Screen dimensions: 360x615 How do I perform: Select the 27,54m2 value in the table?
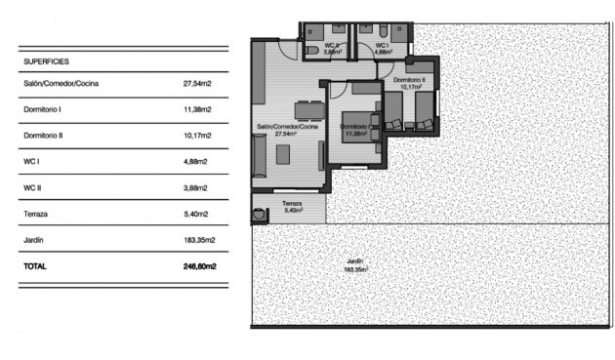point(197,84)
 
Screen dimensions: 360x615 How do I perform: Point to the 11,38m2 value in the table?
point(197,109)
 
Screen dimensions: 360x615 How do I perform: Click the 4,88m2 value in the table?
point(195,161)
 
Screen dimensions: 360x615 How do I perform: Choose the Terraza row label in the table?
point(35,214)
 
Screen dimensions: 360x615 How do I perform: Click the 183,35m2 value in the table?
point(199,239)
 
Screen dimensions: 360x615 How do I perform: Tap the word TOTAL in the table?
point(34,265)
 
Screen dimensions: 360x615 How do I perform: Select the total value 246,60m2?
point(199,265)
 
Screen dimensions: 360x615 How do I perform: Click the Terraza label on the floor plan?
point(291,204)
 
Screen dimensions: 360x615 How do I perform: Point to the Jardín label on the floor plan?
point(353,260)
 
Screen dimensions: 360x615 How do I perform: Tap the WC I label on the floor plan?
point(381,45)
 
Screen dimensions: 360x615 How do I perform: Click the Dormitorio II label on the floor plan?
point(410,81)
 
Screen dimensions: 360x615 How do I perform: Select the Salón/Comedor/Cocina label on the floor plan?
point(288,127)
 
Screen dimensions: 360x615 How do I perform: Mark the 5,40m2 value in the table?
point(195,214)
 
